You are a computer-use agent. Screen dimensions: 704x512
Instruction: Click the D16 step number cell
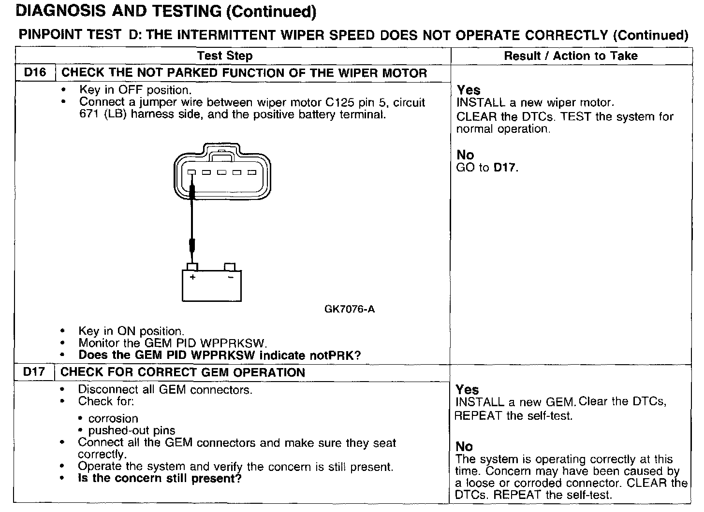coord(35,73)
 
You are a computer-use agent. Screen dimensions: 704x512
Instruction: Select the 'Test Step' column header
coord(225,56)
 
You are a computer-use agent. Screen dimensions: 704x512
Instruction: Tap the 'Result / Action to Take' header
coord(571,56)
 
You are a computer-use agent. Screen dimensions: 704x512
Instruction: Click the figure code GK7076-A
coord(350,309)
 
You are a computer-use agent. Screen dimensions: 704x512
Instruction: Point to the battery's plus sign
coord(193,278)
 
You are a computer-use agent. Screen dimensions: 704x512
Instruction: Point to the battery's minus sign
coord(231,278)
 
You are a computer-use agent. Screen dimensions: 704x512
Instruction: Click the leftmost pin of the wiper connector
coord(191,173)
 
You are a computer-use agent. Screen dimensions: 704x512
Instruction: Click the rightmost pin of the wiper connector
coord(252,173)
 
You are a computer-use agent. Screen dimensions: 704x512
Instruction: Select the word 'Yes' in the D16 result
coord(469,90)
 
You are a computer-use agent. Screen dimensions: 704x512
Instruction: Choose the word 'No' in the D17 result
coord(464,447)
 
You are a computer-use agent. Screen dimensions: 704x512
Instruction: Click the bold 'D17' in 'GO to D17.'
coord(505,168)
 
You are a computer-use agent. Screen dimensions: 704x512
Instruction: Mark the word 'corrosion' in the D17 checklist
coord(113,419)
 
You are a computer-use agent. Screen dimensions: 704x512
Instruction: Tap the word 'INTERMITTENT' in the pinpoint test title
coord(227,35)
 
